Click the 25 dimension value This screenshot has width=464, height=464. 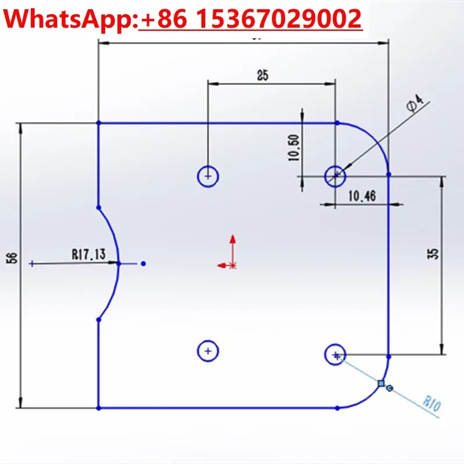pyautogui.click(x=263, y=75)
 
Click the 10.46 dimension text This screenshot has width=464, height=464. pyautogui.click(x=362, y=197)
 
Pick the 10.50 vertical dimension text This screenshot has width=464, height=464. pyautogui.click(x=293, y=148)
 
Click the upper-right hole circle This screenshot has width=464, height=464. pyautogui.click(x=335, y=175)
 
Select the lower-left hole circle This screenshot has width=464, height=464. pyautogui.click(x=208, y=350)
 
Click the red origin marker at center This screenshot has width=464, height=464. pyautogui.click(x=232, y=265)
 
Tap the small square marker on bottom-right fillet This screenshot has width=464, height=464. pyautogui.click(x=381, y=383)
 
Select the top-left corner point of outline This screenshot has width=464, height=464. pyautogui.click(x=99, y=123)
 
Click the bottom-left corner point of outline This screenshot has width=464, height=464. pyautogui.click(x=99, y=408)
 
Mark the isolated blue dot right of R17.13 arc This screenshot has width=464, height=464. pyautogui.click(x=143, y=263)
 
